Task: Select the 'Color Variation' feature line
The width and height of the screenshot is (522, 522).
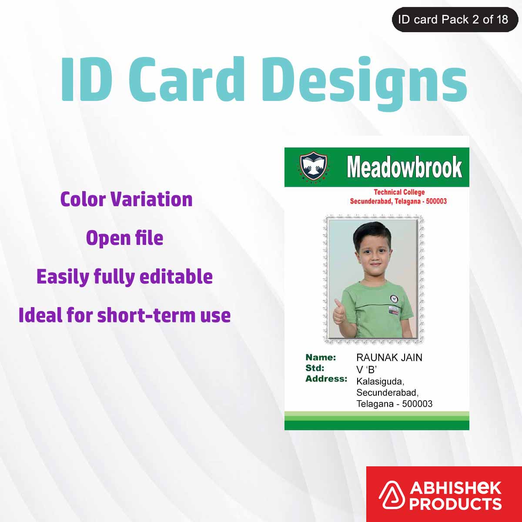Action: coord(126,199)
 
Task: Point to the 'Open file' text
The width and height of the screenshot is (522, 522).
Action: coord(124,238)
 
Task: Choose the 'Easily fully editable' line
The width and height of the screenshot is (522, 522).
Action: coord(124,277)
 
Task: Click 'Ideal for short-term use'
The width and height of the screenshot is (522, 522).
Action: coord(124,315)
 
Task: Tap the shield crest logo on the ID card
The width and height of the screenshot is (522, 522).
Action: coord(314,167)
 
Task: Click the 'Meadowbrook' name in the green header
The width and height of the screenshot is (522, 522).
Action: coord(404,167)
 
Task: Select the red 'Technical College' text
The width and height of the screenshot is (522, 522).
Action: coord(399,192)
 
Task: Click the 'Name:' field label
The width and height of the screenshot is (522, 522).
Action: coord(321,358)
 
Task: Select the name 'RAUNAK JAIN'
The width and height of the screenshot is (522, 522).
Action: coord(389,358)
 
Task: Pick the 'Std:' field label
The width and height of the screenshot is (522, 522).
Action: coord(315,368)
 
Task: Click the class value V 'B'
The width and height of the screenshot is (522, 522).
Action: coord(366,370)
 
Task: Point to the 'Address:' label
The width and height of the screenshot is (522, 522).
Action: coord(326,379)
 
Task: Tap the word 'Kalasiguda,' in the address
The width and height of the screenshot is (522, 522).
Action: coord(380,381)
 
